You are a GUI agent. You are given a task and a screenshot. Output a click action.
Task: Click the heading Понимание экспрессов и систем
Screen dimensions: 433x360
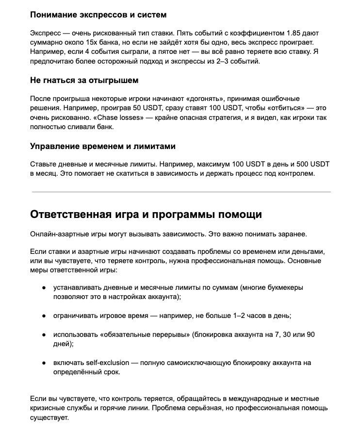click(98, 15)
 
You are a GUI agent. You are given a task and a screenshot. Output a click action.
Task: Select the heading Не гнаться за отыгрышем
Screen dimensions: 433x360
click(84, 80)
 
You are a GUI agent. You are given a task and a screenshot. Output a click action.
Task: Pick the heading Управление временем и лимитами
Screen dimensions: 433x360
click(102, 146)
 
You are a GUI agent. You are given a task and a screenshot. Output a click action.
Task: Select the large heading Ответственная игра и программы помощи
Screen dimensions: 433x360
click(146, 215)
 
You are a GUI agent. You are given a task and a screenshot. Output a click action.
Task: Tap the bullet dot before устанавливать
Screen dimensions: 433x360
click(44, 287)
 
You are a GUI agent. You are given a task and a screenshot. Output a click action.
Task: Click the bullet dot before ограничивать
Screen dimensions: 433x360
click(44, 316)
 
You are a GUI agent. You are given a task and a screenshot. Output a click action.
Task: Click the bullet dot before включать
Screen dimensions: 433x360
click(44, 363)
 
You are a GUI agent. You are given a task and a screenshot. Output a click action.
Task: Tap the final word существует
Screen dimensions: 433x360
click(49, 417)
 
